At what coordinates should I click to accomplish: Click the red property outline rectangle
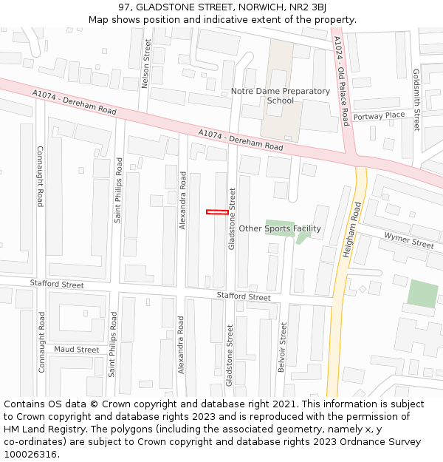pos(217,212)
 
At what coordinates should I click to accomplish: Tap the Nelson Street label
pos(146,64)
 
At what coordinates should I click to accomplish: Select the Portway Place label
pos(379,115)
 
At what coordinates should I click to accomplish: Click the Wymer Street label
pos(408,240)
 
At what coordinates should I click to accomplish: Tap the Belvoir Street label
pos(282,347)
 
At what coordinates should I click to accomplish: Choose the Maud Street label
pos(76,349)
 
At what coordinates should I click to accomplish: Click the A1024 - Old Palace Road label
pos(341,81)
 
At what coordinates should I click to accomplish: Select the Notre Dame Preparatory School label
pos(280,96)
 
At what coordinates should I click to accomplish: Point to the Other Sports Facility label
pos(279,228)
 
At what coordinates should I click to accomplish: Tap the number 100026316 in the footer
pos(30,454)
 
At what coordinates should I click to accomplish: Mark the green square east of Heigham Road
pos(422,294)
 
